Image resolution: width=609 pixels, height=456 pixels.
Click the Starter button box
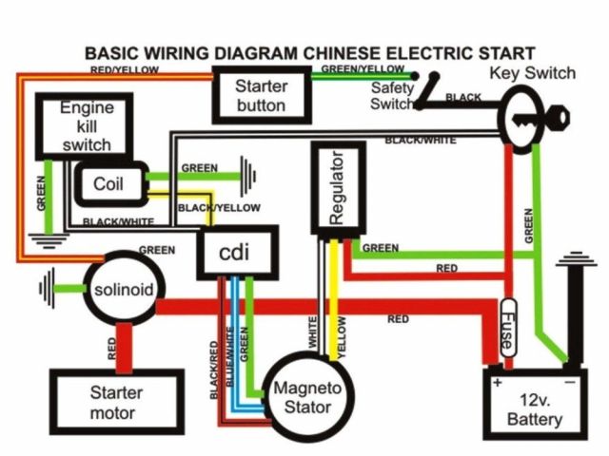tap(262, 95)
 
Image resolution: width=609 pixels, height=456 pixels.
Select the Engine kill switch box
tap(85, 126)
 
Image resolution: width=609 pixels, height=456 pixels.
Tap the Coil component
tap(111, 183)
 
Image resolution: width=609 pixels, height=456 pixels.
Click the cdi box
tap(237, 253)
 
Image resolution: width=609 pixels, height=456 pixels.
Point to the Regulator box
tap(339, 188)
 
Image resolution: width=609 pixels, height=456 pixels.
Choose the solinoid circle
tap(125, 289)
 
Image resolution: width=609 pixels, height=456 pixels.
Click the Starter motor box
tap(117, 402)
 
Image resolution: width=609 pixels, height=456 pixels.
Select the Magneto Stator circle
tap(308, 397)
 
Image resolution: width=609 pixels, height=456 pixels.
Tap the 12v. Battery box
tap(535, 404)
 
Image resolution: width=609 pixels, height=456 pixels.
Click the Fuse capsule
tap(508, 328)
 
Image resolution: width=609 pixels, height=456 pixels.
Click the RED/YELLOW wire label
tap(125, 69)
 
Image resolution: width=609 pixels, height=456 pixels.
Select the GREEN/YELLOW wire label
tap(363, 68)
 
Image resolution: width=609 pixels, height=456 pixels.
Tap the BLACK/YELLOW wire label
tap(219, 208)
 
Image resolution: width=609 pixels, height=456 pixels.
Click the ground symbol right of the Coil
tap(247, 177)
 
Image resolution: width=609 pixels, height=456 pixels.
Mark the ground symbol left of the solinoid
tap(47, 289)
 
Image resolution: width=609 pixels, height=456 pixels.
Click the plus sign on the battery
tap(497, 382)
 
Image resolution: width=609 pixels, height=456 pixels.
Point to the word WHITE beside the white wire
tap(313, 332)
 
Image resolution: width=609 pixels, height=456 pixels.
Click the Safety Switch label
tap(392, 95)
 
